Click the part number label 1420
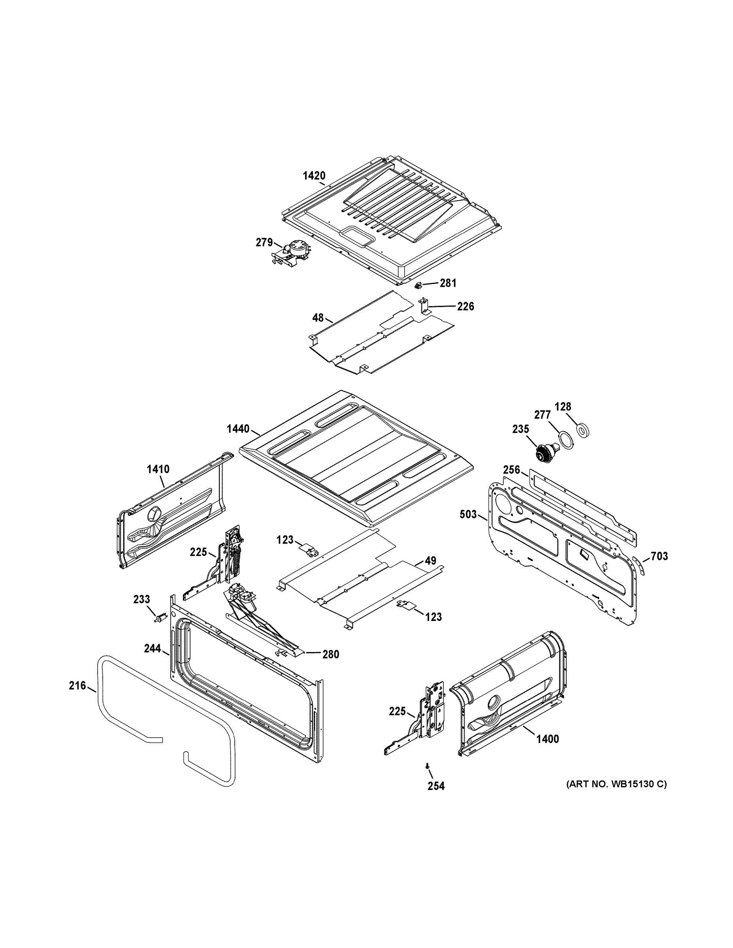(x=313, y=176)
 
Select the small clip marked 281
(x=418, y=285)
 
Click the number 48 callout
(x=318, y=318)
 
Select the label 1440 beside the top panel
(x=238, y=429)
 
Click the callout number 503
(x=468, y=515)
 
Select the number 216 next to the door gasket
(x=77, y=685)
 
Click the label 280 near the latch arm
(x=330, y=654)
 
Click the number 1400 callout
(x=548, y=739)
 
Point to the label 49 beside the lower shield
(x=430, y=561)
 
